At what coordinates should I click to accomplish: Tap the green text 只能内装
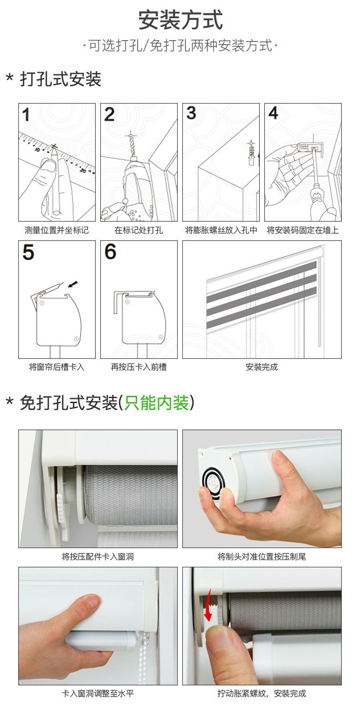(156, 403)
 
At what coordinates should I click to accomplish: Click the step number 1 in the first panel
(26, 114)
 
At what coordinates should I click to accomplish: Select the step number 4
(273, 113)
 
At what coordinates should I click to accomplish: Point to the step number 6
(110, 251)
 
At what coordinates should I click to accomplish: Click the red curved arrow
(208, 605)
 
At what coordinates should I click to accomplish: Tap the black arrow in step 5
(73, 284)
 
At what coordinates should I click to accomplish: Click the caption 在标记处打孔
(139, 230)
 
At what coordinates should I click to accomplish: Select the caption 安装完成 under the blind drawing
(262, 367)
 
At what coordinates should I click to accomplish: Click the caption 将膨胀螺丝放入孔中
(221, 230)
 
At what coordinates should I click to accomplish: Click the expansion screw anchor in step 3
(252, 153)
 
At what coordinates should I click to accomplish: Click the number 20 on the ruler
(83, 171)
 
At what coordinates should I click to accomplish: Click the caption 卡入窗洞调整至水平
(98, 693)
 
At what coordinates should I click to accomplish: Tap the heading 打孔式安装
(61, 79)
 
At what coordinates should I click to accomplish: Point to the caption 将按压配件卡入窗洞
(98, 557)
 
